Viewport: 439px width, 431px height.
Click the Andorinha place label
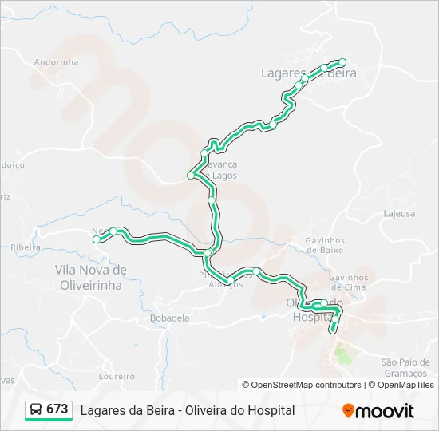pos(57,61)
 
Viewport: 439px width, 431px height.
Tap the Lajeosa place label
pos(399,214)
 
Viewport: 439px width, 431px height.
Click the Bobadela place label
pos(169,317)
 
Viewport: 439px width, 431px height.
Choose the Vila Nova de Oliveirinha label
pos(89,276)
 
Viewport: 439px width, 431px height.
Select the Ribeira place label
pos(26,247)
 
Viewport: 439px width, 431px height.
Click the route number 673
pos(57,409)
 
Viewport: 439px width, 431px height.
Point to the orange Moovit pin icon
pos(348,411)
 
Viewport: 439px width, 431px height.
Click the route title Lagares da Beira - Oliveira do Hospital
pos(188,410)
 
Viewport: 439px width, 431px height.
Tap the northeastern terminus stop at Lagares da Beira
pos(342,62)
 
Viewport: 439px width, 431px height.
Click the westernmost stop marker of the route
pos(97,239)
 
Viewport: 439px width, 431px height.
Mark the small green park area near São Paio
pos(342,352)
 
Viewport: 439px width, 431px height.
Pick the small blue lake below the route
pos(263,317)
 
